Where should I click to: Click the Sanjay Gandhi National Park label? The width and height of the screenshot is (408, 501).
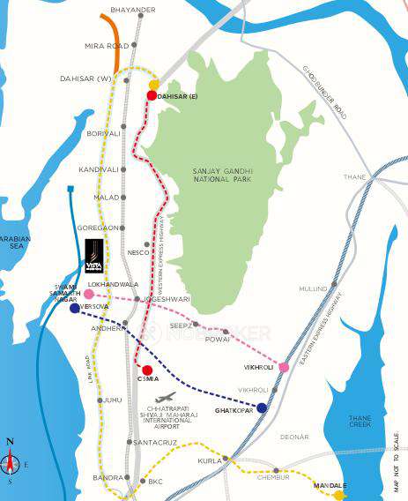(222, 176)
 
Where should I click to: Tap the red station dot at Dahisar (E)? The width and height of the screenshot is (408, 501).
(152, 95)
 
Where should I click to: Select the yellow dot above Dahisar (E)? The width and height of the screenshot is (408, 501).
(154, 84)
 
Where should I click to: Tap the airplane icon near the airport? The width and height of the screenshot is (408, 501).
(165, 398)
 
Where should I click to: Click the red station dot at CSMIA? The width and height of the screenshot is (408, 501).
(147, 370)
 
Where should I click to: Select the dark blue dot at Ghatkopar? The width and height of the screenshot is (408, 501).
(262, 408)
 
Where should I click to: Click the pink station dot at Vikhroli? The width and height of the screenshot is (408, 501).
(284, 367)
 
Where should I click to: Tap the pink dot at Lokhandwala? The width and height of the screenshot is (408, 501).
(88, 294)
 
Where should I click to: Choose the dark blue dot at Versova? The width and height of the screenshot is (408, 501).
(75, 308)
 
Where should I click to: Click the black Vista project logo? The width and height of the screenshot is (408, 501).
(93, 256)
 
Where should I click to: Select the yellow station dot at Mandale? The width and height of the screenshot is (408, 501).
(338, 496)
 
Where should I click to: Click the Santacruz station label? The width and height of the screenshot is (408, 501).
(159, 441)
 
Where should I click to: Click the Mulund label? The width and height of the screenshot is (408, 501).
(313, 288)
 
